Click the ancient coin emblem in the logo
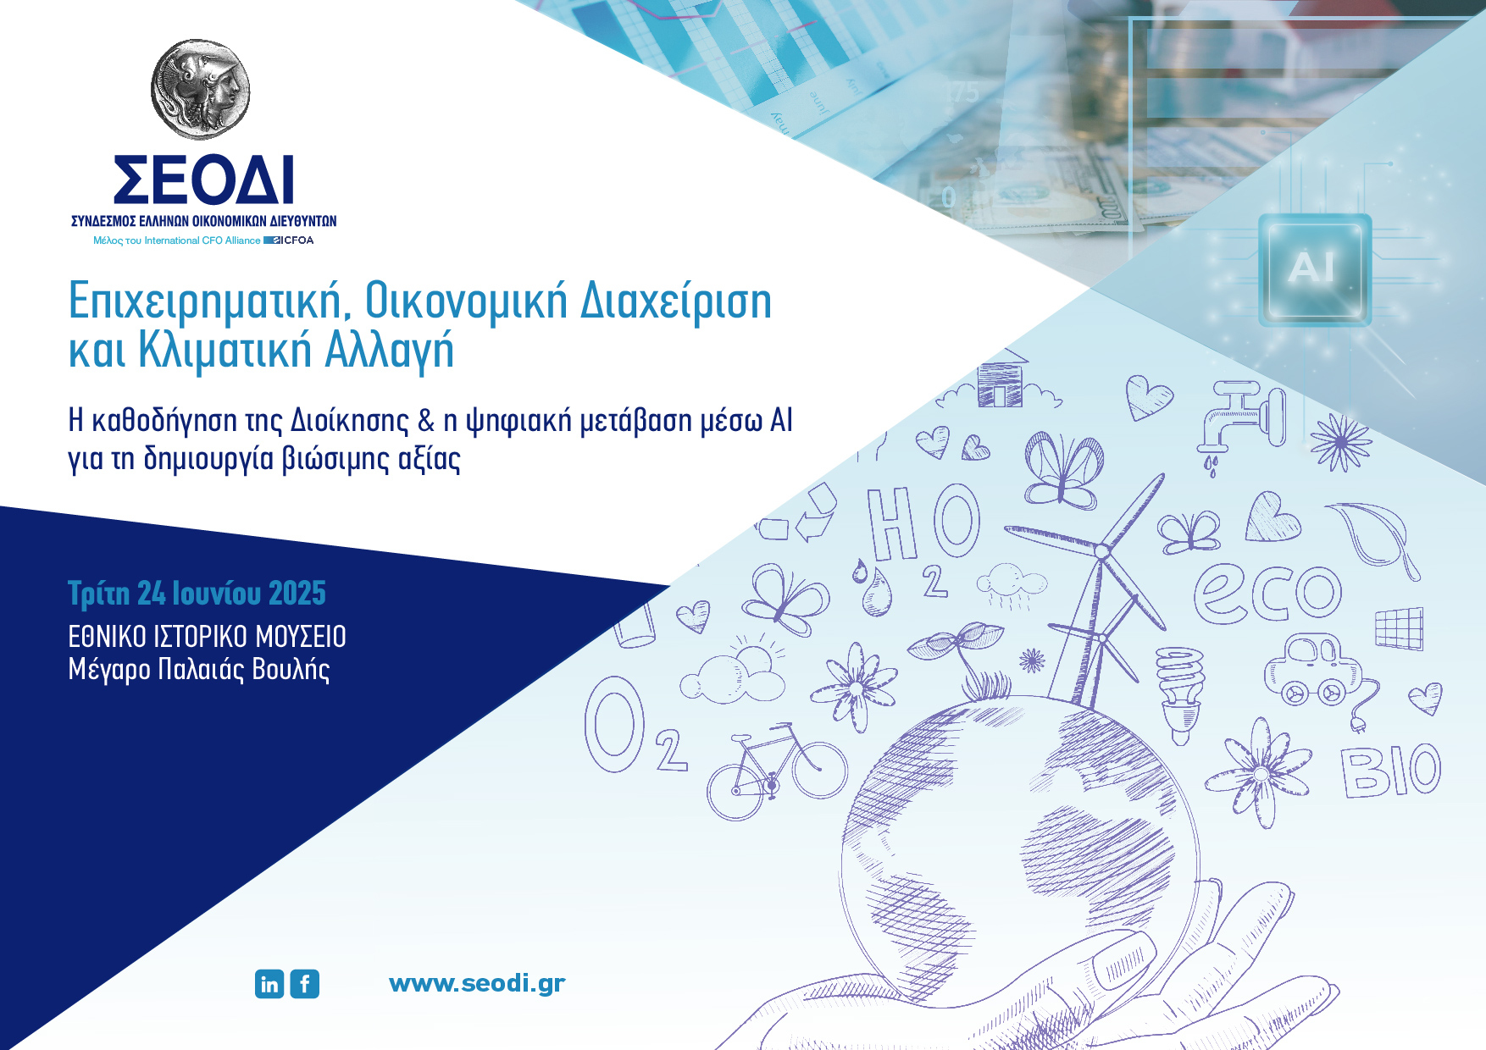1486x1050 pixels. (x=201, y=89)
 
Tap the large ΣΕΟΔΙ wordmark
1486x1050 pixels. (x=203, y=180)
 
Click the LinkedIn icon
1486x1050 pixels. (x=269, y=984)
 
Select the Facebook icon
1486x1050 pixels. (x=305, y=984)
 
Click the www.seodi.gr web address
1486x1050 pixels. (x=477, y=983)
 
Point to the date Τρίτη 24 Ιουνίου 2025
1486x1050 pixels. (x=197, y=594)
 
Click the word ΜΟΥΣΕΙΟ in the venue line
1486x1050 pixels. (x=301, y=636)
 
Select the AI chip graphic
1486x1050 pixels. (x=1314, y=269)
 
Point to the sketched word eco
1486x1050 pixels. (x=1267, y=592)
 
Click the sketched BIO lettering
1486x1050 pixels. (x=1390, y=771)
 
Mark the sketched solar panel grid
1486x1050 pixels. (x=1399, y=628)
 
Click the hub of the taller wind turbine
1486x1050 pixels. (x=1101, y=551)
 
